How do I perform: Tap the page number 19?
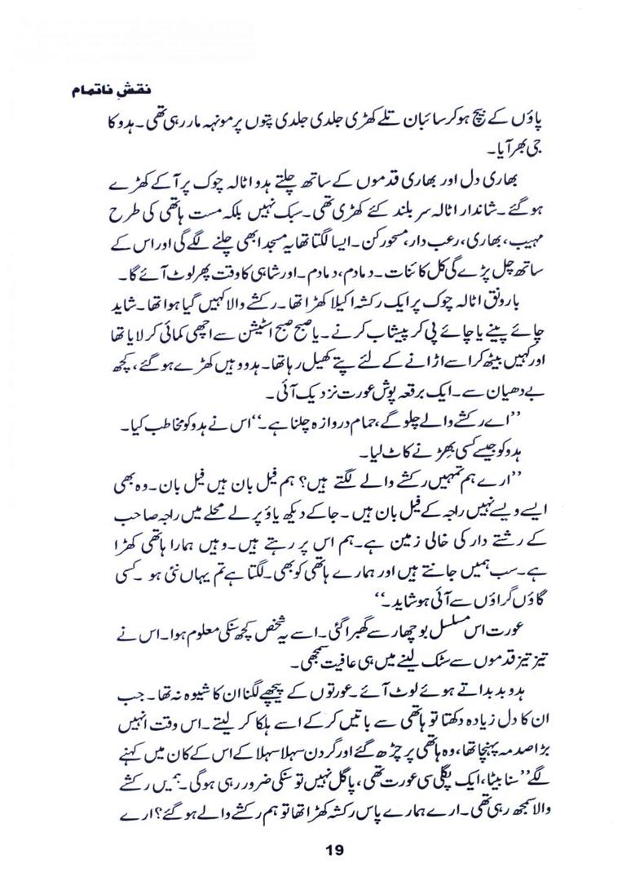[x=332, y=851]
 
